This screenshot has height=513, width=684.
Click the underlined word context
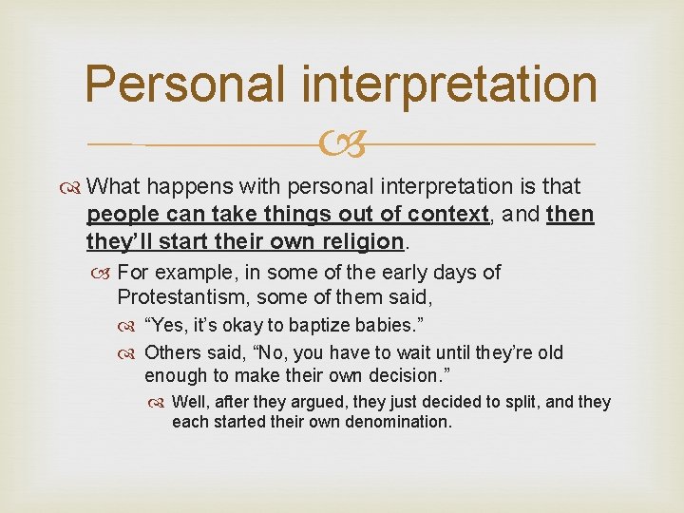[x=449, y=215]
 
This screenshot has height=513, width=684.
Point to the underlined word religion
[x=358, y=242]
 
